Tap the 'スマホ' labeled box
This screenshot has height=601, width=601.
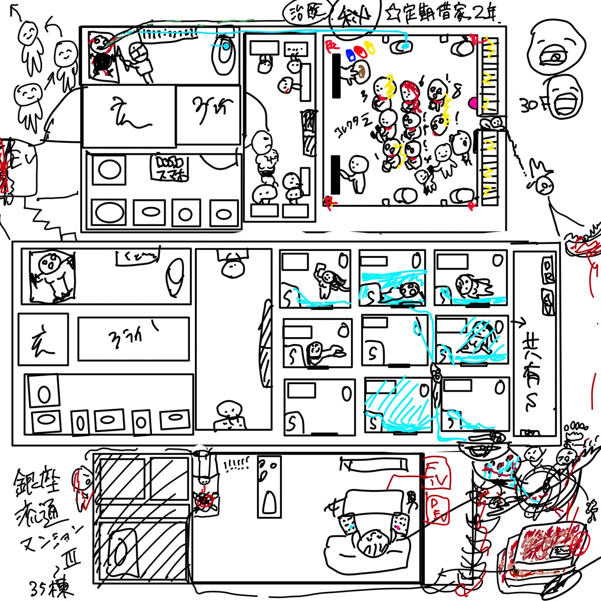point(171,167)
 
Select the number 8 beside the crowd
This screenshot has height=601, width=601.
point(456,92)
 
